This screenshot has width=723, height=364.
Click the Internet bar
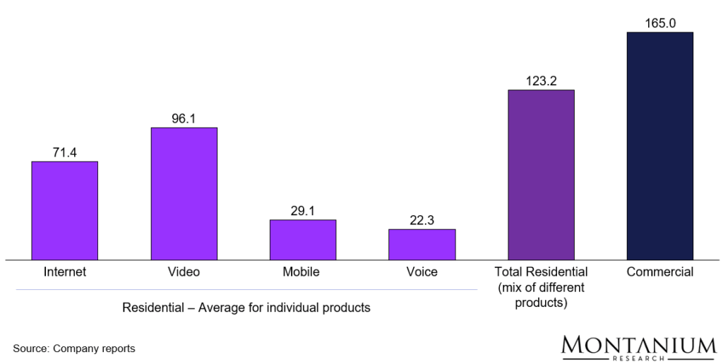coord(64,210)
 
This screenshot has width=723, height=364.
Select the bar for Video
coord(184,193)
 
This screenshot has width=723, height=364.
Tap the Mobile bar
coord(302,240)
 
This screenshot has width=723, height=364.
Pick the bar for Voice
coord(422,244)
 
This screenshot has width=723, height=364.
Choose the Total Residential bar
coord(541,175)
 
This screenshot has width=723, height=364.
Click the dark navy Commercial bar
coord(660,146)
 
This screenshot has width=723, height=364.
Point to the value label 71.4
coord(64,152)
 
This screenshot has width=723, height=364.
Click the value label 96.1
coord(184,119)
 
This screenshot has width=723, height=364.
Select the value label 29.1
coord(302,211)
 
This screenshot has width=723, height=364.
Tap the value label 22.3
coord(422,220)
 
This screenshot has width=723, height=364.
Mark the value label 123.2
coord(541,81)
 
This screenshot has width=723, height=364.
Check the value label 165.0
coord(660,23)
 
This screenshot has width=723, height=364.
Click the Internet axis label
coord(64,272)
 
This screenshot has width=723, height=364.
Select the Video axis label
coord(184,272)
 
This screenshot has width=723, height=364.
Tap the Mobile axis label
coord(302,272)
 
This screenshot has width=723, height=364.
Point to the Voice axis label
coord(422,272)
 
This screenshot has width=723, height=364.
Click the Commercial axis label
coord(660,272)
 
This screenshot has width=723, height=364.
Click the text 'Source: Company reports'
coord(73,348)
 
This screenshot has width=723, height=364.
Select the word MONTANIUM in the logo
coord(638,346)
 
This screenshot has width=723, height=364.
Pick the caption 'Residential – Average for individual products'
coord(246,308)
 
